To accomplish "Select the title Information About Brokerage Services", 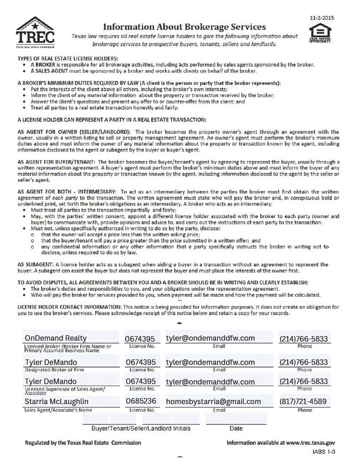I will [184, 26].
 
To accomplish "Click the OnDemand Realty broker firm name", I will [56, 338].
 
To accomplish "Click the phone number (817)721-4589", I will [303, 401].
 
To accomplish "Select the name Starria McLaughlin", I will [57, 401].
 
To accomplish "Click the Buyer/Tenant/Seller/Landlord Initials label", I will [137, 428].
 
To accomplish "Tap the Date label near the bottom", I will [236, 428].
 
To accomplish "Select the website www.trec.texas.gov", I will [310, 443].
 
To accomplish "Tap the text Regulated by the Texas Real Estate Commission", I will [83, 443].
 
